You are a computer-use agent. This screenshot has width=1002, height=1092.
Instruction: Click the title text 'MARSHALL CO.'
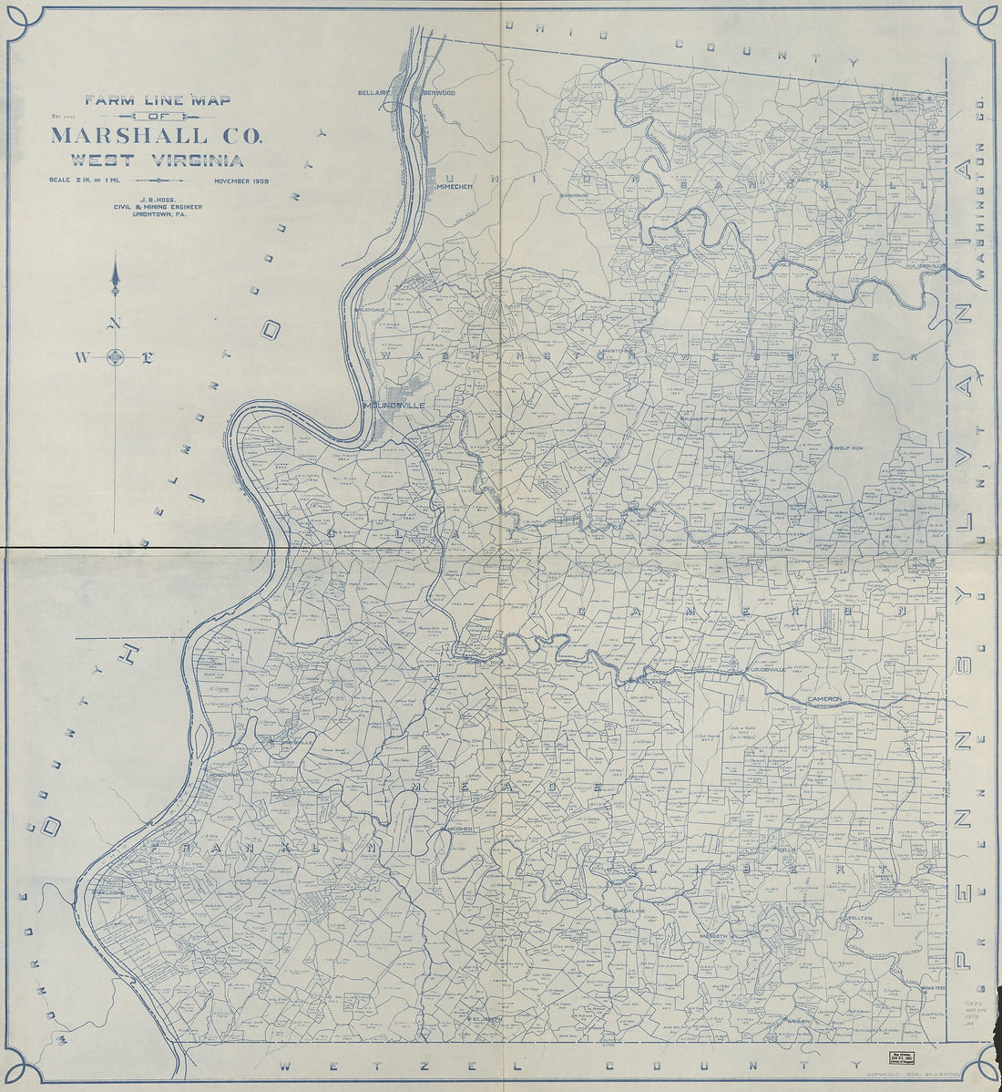tap(157, 137)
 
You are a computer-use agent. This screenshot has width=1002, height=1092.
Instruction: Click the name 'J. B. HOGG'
tap(157, 198)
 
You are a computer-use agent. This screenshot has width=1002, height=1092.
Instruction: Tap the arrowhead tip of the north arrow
tap(115, 265)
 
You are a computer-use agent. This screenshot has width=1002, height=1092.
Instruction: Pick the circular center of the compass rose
tap(115, 356)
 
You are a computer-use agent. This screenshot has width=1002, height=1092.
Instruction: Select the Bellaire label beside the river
tap(374, 93)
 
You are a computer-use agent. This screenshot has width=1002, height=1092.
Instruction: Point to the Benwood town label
tap(438, 93)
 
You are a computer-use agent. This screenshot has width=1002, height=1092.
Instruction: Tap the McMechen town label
tap(455, 186)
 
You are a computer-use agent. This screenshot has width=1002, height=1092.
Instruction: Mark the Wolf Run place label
tap(846, 448)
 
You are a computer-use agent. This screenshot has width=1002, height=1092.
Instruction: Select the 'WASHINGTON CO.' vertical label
tap(981, 210)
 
